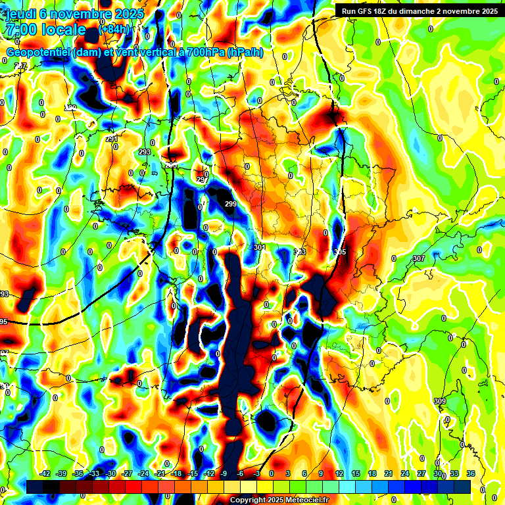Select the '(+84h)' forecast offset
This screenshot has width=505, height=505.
[114, 30]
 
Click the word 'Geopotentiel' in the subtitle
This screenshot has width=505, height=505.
[39, 53]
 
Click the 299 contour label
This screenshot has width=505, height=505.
[231, 204]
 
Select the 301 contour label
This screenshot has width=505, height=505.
[259, 248]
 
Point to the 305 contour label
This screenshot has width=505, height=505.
[339, 252]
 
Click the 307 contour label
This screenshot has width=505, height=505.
[419, 258]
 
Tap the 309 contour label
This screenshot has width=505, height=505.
[440, 401]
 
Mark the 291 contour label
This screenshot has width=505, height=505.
[112, 139]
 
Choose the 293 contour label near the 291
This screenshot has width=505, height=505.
[145, 152]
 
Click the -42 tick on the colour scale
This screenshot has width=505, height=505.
[45, 473]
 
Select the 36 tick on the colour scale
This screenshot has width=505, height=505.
[471, 473]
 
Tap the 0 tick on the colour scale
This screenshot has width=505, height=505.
[272, 473]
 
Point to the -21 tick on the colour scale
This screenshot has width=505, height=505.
[160, 473]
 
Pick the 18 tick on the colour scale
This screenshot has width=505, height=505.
[372, 473]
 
